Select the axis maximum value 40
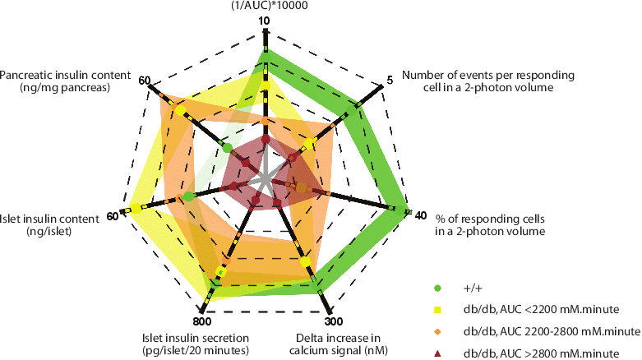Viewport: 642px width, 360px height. pos(421,215)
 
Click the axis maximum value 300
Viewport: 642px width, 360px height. pos(334,321)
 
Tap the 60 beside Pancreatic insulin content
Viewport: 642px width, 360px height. pos(145,81)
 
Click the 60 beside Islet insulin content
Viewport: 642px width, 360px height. pos(113,216)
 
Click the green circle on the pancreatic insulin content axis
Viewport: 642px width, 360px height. pos(227,148)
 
